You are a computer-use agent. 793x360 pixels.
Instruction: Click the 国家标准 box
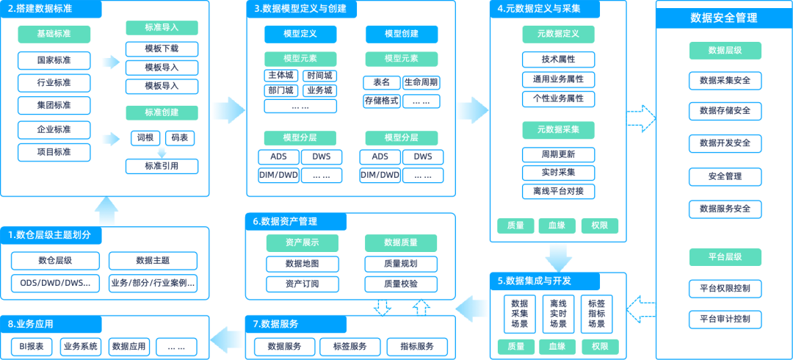[54, 60]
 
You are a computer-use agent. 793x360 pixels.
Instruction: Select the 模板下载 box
[162, 49]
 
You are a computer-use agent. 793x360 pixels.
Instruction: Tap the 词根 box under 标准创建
[144, 137]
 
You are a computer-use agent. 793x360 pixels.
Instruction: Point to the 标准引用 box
[162, 165]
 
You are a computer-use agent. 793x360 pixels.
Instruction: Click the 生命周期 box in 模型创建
[421, 82]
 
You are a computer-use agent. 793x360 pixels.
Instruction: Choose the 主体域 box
[280, 75]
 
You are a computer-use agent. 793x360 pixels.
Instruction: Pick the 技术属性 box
[558, 60]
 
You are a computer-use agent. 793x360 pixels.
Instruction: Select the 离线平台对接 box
[558, 191]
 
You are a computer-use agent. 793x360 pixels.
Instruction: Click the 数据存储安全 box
[725, 110]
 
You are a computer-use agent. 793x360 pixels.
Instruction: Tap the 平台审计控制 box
[725, 319]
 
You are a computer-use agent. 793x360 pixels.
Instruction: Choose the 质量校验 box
[401, 284]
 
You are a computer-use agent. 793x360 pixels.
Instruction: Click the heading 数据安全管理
[724, 18]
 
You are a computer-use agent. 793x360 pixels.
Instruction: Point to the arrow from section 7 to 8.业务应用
[227, 337]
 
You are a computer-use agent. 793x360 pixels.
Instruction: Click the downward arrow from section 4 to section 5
[558, 256]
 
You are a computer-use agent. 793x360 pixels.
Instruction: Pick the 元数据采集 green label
[558, 129]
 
